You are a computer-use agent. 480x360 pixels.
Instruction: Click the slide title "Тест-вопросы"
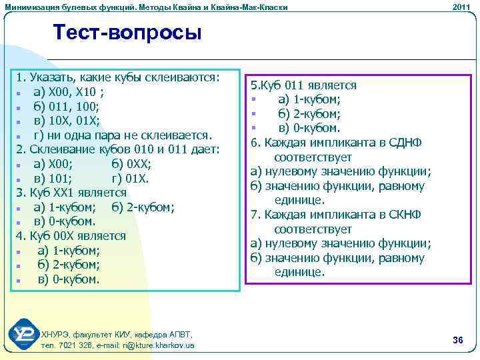pyautogui.click(x=127, y=32)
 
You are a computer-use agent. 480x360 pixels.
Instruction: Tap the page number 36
pyautogui.click(x=457, y=341)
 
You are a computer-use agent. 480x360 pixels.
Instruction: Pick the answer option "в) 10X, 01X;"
pyautogui.click(x=67, y=120)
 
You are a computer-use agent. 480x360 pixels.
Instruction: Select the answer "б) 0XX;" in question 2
pyautogui.click(x=133, y=163)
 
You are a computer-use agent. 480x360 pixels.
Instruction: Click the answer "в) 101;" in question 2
pyautogui.click(x=55, y=178)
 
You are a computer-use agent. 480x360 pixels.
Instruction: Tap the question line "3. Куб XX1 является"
pyautogui.click(x=71, y=193)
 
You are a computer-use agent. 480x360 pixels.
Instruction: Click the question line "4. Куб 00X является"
pyautogui.click(x=71, y=235)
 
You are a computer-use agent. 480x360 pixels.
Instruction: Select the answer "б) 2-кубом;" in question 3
pyautogui.click(x=143, y=207)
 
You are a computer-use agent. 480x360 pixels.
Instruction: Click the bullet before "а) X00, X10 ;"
pyautogui.click(x=21, y=92)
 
